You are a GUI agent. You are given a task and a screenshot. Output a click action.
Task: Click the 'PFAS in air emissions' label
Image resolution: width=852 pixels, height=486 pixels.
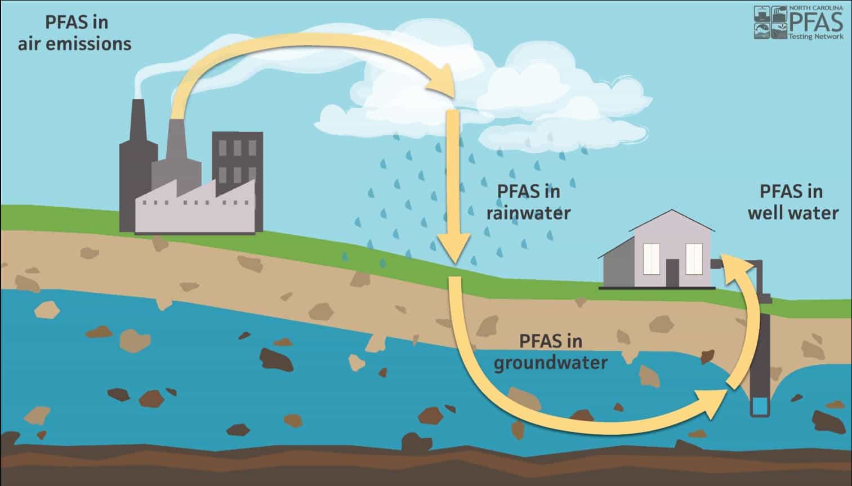point(74,33)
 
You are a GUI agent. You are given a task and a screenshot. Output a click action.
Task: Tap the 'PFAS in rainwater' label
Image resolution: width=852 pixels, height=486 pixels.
point(529,202)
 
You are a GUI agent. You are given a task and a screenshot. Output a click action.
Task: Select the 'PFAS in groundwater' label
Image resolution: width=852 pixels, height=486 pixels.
point(550,352)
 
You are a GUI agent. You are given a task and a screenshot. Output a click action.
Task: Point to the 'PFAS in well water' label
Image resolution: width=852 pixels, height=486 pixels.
point(793,202)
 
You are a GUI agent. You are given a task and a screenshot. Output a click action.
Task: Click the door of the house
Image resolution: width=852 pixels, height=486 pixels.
point(672,273)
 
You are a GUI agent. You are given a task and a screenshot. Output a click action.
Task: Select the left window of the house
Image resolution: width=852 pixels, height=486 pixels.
point(651,259)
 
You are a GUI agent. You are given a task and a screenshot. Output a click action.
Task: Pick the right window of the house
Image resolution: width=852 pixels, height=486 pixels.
point(694,259)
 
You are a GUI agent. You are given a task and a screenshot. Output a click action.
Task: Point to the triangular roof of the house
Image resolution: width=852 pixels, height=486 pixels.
point(672,221)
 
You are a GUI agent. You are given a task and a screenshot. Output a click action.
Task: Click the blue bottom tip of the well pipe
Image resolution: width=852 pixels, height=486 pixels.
point(760,406)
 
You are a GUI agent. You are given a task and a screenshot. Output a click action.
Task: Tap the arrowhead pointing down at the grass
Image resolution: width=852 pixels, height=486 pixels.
point(455,248)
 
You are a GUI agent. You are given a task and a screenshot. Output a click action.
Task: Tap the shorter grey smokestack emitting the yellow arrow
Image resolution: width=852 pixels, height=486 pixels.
point(176,156)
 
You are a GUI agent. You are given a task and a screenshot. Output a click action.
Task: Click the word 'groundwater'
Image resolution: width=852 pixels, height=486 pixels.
point(550,363)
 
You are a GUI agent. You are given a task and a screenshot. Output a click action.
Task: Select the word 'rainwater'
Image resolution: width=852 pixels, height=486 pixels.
point(529,212)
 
